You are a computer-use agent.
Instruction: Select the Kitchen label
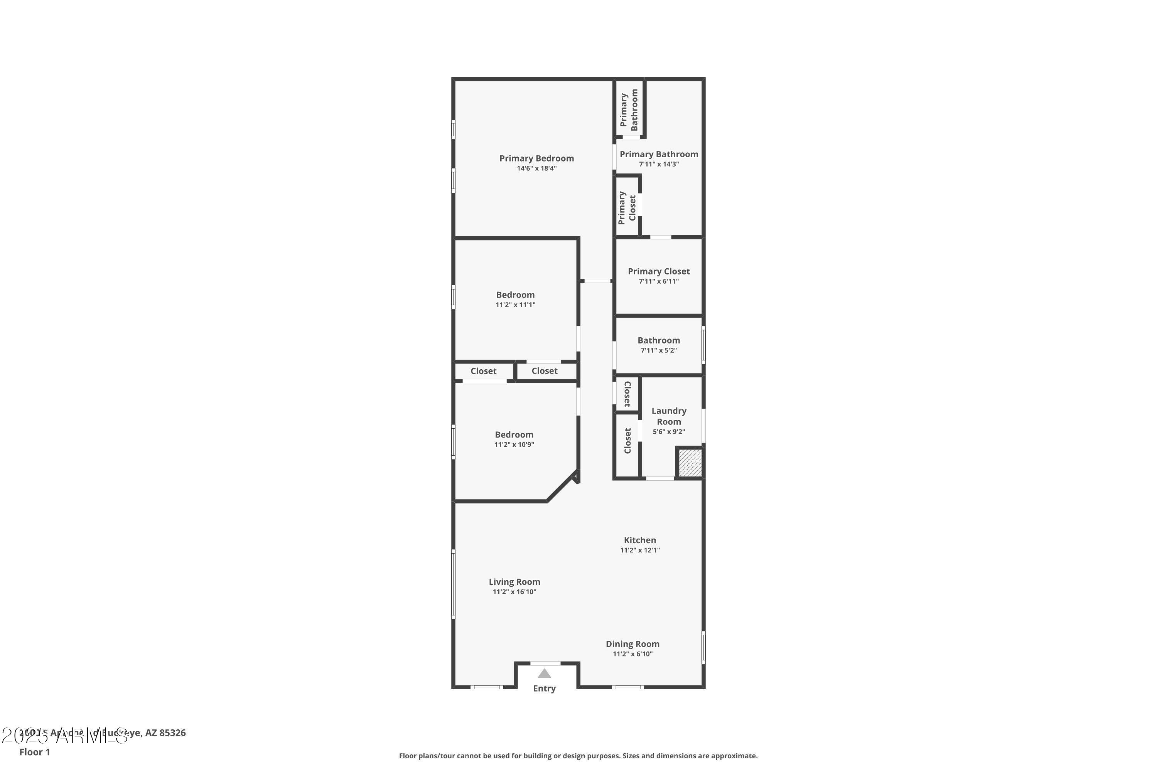(639, 540)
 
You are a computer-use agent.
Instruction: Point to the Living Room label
(514, 582)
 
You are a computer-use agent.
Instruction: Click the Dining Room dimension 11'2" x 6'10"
(632, 654)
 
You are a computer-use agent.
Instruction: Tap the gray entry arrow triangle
(544, 673)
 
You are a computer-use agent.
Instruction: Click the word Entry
(544, 689)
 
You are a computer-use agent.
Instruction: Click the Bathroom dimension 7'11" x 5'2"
(658, 350)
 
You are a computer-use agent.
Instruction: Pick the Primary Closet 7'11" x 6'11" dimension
(658, 281)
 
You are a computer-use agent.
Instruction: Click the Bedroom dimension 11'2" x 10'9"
(514, 444)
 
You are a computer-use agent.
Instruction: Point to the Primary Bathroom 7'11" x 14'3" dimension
(659, 164)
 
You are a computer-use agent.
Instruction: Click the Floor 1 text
(34, 752)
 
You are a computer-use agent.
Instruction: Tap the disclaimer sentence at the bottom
(578, 756)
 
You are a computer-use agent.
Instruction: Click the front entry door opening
(545, 664)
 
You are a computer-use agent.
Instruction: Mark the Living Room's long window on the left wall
(453, 584)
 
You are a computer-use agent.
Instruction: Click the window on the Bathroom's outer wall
(703, 345)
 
